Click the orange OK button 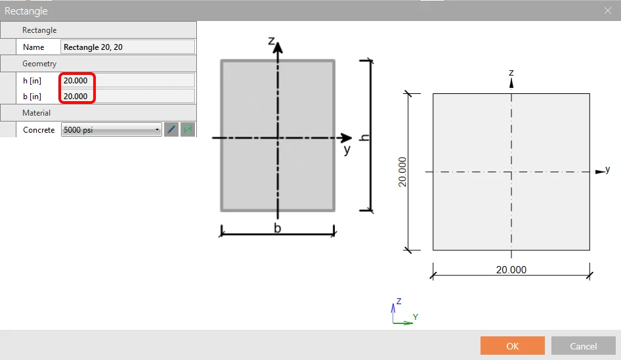[513, 346]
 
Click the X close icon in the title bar [608, 11]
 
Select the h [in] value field [127, 81]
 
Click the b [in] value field [127, 97]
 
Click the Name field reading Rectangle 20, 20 [127, 47]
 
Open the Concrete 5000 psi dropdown [112, 129]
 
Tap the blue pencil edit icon [171, 129]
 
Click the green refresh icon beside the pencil [188, 129]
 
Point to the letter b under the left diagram [278, 228]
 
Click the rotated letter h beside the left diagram [364, 137]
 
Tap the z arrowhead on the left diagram [278, 47]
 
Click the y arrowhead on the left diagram [346, 138]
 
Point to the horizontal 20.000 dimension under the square [511, 269]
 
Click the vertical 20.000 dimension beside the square [402, 171]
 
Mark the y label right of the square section [607, 169]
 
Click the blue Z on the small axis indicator [399, 302]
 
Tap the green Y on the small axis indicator [416, 317]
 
